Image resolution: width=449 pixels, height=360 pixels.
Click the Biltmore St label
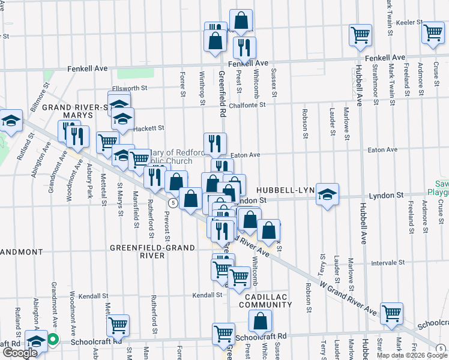[x=43, y=95]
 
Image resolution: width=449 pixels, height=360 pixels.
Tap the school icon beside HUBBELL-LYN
[x=327, y=194]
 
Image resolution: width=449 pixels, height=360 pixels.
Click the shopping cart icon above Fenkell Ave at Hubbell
[x=360, y=34]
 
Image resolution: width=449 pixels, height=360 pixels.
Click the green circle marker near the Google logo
[x=52, y=340]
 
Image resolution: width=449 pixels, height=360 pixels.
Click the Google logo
[x=20, y=352]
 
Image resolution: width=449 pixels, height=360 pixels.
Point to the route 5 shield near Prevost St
[x=172, y=203]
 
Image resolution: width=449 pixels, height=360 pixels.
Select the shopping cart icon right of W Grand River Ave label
[x=391, y=313]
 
